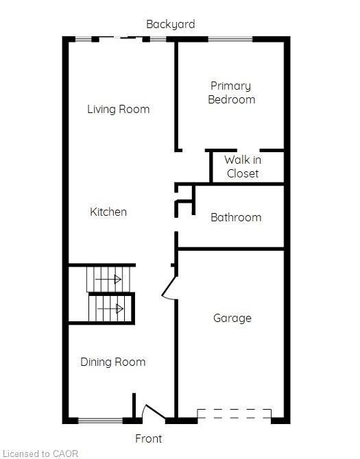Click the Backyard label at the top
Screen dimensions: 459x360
[x=170, y=25]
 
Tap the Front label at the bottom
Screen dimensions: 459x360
[x=148, y=438]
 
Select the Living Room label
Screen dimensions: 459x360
[x=118, y=109]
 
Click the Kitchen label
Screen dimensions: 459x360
[x=108, y=212]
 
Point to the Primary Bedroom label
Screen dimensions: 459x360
[x=232, y=92]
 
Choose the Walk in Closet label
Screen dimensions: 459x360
[x=243, y=166]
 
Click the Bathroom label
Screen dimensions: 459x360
[x=235, y=217]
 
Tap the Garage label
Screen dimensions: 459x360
[x=232, y=318]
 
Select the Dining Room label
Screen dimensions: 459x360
[x=112, y=362]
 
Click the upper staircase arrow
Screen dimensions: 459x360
[x=108, y=280]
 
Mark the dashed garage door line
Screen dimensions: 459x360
[x=234, y=414]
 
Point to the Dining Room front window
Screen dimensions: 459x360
[x=99, y=420]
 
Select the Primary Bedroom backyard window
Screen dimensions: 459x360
[x=230, y=39]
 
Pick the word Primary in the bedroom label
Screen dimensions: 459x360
[x=230, y=86]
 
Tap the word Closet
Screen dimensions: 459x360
[x=243, y=173]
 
